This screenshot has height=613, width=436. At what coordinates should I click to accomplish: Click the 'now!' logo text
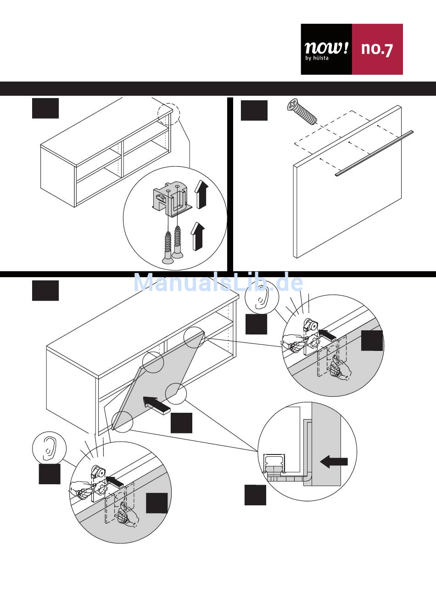(x=326, y=47)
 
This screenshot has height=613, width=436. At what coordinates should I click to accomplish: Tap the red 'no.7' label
(x=377, y=49)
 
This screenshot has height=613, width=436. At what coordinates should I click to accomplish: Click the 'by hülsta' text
(x=317, y=58)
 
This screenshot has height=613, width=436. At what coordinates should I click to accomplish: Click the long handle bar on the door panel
(x=374, y=153)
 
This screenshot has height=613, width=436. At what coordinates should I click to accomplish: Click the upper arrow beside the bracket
(x=201, y=194)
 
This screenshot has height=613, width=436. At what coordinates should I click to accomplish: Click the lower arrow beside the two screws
(x=197, y=236)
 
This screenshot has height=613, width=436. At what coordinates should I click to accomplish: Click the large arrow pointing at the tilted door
(x=157, y=405)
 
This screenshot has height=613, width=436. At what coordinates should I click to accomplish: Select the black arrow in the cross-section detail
(x=334, y=461)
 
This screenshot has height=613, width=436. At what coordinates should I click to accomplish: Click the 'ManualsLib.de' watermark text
(x=218, y=283)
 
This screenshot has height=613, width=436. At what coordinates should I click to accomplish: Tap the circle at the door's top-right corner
(x=194, y=337)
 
